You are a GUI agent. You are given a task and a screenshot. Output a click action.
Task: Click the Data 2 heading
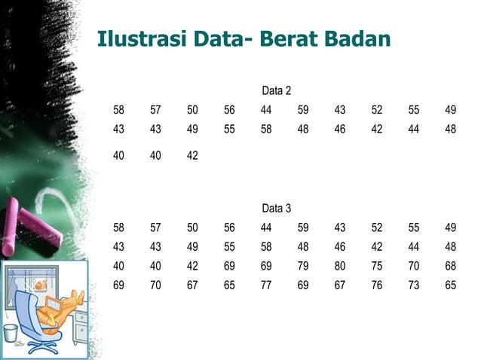(x=276, y=91)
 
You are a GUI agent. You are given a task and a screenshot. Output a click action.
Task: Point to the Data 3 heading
(x=276, y=208)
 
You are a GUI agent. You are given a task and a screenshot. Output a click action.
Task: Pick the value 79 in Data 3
(x=303, y=266)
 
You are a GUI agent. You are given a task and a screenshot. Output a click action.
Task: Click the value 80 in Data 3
(x=340, y=266)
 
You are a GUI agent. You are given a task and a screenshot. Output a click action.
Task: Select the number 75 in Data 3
(x=377, y=266)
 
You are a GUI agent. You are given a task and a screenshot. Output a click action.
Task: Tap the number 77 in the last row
(x=266, y=285)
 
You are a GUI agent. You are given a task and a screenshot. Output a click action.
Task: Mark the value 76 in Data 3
(x=377, y=285)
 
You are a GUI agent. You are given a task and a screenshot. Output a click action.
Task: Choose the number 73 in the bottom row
(x=414, y=285)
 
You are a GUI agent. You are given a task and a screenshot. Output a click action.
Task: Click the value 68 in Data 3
(x=450, y=266)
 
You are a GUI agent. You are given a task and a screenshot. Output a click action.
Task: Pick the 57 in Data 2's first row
(x=155, y=110)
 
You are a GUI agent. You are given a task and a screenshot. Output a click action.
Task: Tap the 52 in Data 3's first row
(x=377, y=227)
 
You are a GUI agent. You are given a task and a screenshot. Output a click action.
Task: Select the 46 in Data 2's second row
(x=340, y=129)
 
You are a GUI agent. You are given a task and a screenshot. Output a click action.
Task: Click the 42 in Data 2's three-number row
(x=192, y=156)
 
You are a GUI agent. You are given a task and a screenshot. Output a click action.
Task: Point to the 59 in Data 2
(x=303, y=110)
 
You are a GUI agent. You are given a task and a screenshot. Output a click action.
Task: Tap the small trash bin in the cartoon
(x=11, y=334)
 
